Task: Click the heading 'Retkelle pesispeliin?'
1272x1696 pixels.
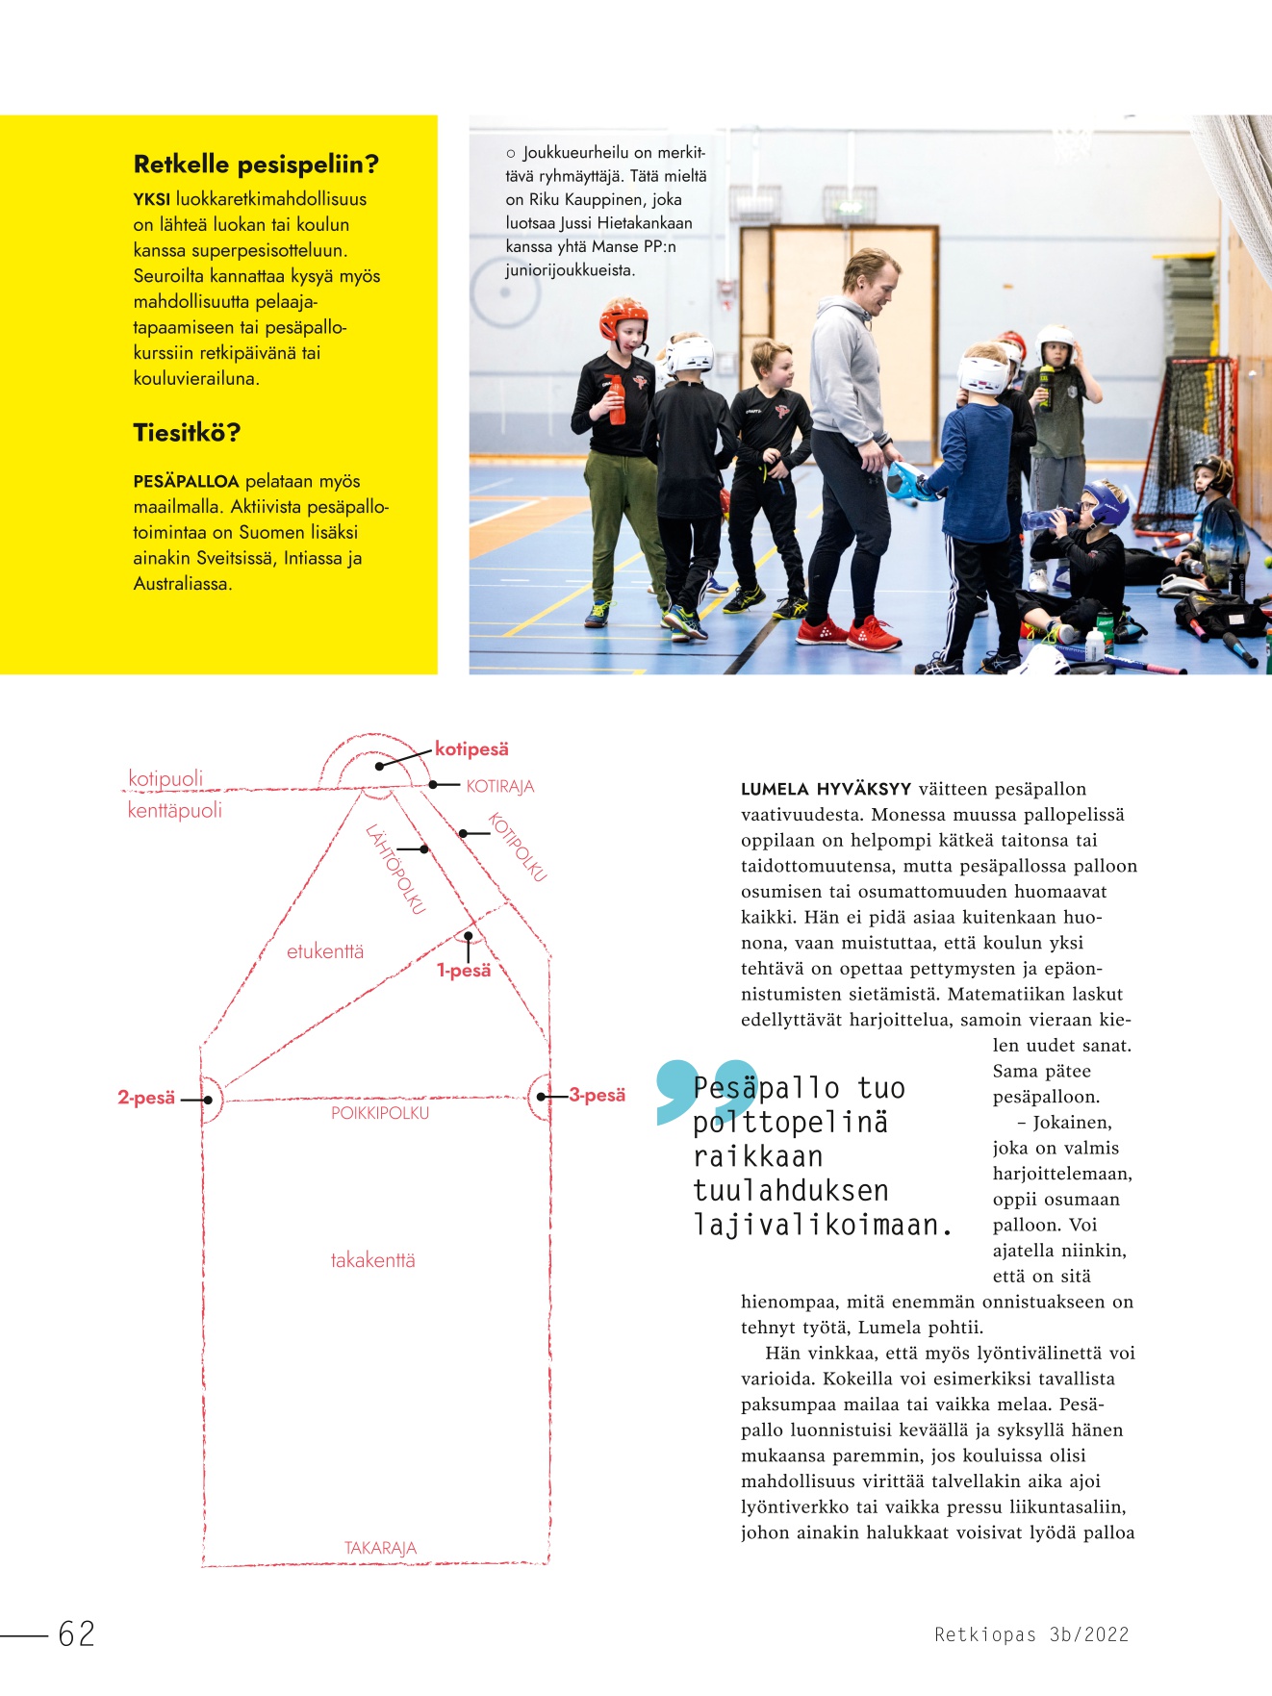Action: [256, 165]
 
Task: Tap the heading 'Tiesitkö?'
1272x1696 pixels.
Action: [187, 433]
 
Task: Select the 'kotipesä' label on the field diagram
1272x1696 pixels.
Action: [471, 749]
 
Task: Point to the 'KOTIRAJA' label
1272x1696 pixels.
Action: [499, 787]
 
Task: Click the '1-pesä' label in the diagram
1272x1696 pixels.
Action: [464, 971]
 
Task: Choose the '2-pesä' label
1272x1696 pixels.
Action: [146, 1098]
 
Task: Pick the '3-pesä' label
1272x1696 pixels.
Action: [598, 1096]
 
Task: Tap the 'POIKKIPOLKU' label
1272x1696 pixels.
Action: [380, 1113]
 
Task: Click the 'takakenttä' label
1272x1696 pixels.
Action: [372, 1260]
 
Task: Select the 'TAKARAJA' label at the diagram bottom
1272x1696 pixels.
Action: [380, 1548]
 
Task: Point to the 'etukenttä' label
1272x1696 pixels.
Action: [325, 951]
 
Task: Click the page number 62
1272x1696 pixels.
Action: [77, 1633]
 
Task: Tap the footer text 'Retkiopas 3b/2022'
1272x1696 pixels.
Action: [1031, 1634]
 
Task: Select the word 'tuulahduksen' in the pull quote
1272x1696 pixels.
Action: [791, 1191]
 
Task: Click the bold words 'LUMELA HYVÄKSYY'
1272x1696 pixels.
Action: [826, 790]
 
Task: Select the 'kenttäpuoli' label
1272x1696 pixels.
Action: [175, 811]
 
